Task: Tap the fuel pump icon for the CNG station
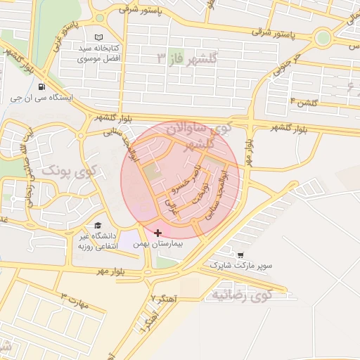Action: (x=42, y=87)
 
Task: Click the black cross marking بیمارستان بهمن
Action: (x=157, y=233)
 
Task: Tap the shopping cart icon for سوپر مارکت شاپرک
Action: (x=241, y=255)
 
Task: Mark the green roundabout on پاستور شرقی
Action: (x=323, y=38)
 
